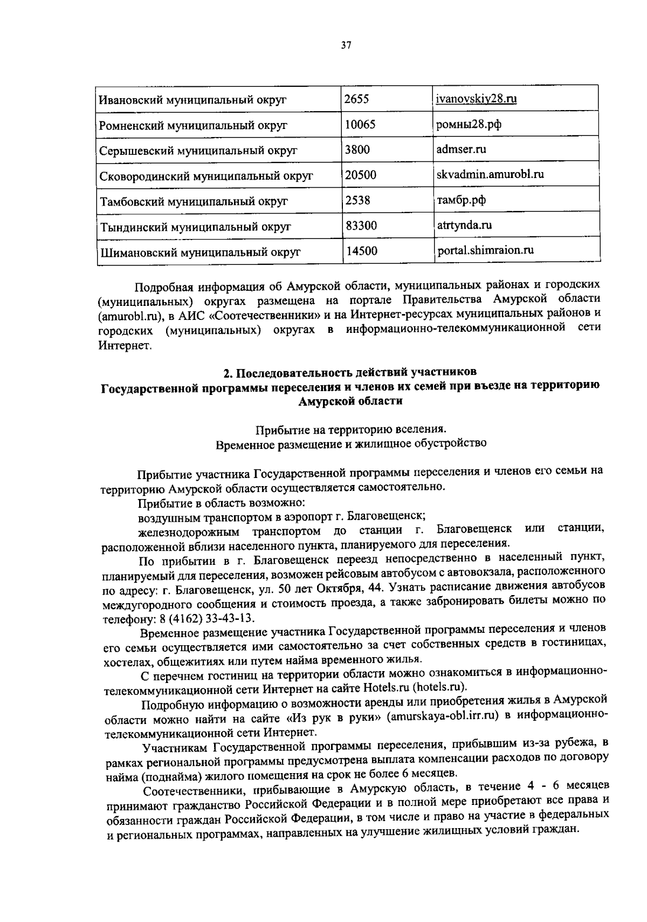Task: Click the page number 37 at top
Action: (346, 46)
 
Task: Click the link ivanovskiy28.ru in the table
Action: (477, 99)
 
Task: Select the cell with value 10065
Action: (360, 125)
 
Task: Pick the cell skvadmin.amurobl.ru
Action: (490, 174)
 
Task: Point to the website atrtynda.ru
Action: (464, 225)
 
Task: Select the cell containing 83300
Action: (361, 226)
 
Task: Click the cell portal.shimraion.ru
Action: (485, 250)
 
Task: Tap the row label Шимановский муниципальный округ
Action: (200, 252)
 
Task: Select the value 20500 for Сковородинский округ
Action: (361, 175)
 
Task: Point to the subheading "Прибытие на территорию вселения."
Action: (351, 430)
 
